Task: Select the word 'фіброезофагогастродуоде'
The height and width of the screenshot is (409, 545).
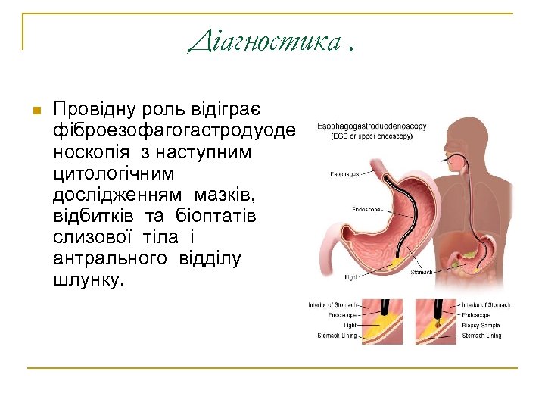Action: [174, 131]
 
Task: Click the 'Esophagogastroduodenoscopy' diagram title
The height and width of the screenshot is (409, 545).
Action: [372, 126]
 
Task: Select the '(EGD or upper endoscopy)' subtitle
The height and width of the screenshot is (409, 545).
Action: [364, 136]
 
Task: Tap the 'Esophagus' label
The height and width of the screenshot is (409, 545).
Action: [344, 174]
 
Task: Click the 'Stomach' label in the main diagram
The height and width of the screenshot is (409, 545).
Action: [422, 273]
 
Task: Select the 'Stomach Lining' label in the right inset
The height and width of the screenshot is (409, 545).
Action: [482, 335]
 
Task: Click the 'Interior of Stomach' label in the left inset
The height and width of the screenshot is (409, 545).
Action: [332, 305]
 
